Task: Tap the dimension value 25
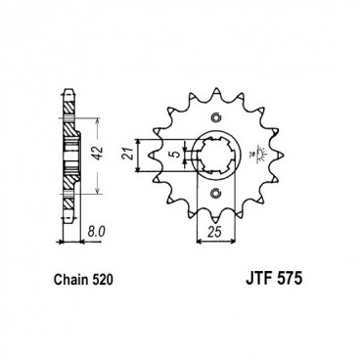215,236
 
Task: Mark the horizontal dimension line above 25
215,225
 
